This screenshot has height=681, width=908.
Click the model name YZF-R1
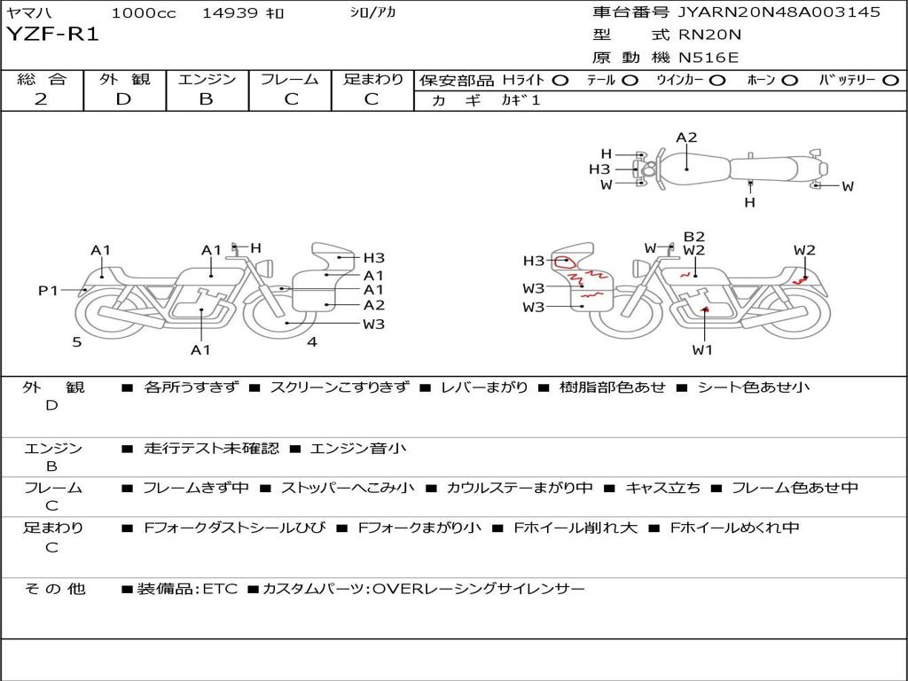pyautogui.click(x=52, y=35)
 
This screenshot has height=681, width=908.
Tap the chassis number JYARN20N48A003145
pyautogui.click(x=779, y=12)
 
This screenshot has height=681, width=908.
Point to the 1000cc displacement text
pyautogui.click(x=144, y=12)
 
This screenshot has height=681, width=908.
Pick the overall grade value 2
pyautogui.click(x=41, y=99)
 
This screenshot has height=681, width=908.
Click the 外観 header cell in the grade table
pyautogui.click(x=124, y=79)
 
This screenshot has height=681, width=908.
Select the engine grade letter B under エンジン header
pyautogui.click(x=206, y=99)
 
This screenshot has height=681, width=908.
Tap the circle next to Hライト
pyautogui.click(x=560, y=81)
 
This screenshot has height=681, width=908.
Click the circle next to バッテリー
pyautogui.click(x=891, y=81)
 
